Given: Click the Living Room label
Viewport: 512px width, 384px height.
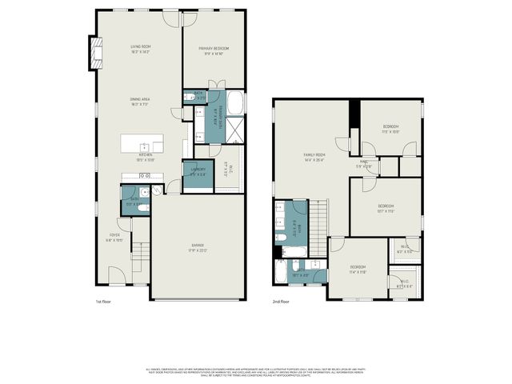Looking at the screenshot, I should pyautogui.click(x=141, y=50).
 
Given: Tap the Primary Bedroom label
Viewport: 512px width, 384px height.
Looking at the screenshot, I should pyautogui.click(x=215, y=50).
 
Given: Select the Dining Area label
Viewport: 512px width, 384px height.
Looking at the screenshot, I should pyautogui.click(x=141, y=102).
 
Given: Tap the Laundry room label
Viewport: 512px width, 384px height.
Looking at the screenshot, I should pyautogui.click(x=198, y=171).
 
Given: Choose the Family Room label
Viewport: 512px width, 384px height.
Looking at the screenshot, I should pyautogui.click(x=314, y=157).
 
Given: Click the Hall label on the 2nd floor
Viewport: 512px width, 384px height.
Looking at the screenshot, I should pyautogui.click(x=364, y=164).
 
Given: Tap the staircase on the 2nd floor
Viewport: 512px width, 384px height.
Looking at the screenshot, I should pyautogui.click(x=318, y=218).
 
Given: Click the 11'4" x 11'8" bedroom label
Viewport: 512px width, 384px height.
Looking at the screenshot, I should pyautogui.click(x=357, y=270).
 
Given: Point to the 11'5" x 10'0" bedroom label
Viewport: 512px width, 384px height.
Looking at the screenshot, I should pyautogui.click(x=390, y=130).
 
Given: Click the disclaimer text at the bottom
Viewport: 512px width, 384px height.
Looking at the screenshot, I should pyautogui.click(x=256, y=372).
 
